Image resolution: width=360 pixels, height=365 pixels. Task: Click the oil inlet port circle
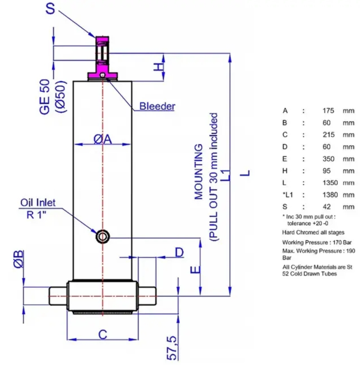click(x=103, y=237)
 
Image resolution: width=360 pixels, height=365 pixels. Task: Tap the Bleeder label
click(x=157, y=106)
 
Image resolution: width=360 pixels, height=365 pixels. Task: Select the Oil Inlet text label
click(x=38, y=203)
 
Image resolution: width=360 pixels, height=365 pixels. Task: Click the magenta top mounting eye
click(x=102, y=58)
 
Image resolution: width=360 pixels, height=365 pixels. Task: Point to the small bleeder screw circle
click(x=102, y=75)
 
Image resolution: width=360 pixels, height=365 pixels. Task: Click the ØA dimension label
click(x=103, y=139)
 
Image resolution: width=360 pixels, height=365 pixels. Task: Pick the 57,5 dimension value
click(x=172, y=348)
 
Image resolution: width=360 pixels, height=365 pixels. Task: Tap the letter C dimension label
click(x=103, y=334)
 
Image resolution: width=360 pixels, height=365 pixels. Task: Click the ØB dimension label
click(x=19, y=259)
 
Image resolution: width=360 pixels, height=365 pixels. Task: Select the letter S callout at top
click(x=50, y=8)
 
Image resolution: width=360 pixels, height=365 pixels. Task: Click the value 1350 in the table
click(x=330, y=183)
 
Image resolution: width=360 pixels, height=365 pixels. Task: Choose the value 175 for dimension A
click(x=328, y=111)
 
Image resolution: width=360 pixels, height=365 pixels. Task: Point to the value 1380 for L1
click(x=330, y=195)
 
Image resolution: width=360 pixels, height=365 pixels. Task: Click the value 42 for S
click(x=326, y=207)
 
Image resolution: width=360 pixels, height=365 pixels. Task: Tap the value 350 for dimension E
click(x=328, y=159)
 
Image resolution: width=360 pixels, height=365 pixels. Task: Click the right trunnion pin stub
click(x=147, y=296)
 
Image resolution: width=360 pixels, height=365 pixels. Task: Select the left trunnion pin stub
click(x=58, y=296)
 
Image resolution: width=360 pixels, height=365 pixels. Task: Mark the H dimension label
click(x=159, y=67)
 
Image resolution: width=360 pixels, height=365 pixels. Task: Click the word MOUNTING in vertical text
click(x=198, y=172)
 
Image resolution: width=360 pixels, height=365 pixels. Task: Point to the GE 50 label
click(x=45, y=97)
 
